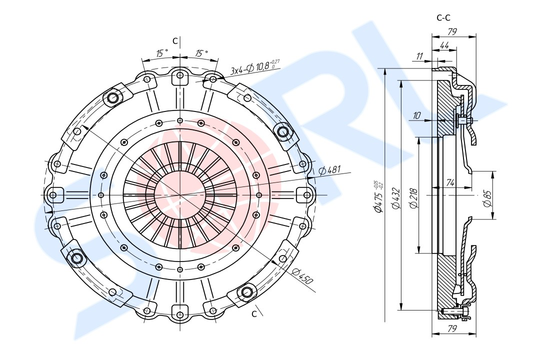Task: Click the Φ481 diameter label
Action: tap(329, 170)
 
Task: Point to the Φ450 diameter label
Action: tap(302, 275)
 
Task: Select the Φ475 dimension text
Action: tap(378, 197)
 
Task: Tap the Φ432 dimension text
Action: tap(396, 198)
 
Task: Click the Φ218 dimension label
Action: tap(414, 198)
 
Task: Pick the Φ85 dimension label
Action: tap(487, 198)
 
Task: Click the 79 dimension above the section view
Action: tap(452, 31)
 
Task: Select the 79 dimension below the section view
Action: tap(452, 328)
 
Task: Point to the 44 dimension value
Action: tap(444, 46)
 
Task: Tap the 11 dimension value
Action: tap(419, 56)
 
